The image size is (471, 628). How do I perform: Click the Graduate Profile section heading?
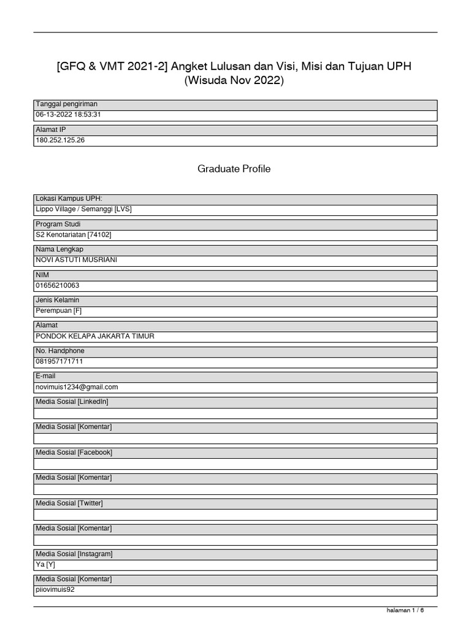(x=234, y=169)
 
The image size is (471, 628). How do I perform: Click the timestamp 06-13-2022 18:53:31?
(x=68, y=115)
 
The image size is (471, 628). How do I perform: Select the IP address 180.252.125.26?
(x=60, y=140)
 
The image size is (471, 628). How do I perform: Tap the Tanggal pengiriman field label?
(x=66, y=104)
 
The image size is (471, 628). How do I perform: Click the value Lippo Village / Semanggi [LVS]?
(x=83, y=209)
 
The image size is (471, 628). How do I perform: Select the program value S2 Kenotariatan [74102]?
(x=74, y=234)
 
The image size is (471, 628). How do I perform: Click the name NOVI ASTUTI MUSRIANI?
(x=77, y=260)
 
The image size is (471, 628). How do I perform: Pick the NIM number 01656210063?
(x=58, y=285)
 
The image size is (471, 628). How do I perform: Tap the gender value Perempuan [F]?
(x=59, y=311)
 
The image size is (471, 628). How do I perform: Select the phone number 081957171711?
(x=59, y=361)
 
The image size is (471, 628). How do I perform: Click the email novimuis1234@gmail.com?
(x=77, y=387)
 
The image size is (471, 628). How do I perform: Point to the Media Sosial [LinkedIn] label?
(x=72, y=402)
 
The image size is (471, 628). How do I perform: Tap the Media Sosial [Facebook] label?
(x=74, y=453)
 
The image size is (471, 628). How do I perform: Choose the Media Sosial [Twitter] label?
(x=69, y=503)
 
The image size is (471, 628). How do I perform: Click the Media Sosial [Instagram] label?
(x=74, y=554)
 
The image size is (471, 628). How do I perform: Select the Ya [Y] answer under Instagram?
(x=45, y=564)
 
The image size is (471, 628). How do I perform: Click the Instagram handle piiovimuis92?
(x=56, y=590)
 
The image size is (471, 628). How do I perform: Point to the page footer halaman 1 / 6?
(x=405, y=610)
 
